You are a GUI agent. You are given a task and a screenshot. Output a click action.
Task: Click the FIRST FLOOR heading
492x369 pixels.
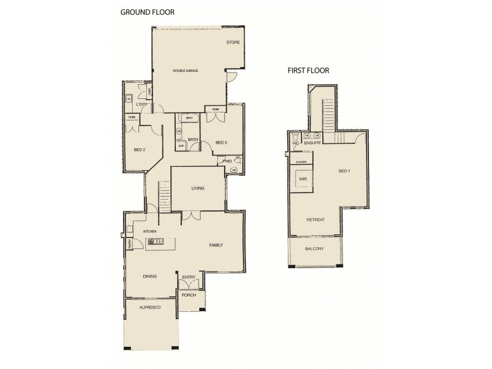[x=308, y=70]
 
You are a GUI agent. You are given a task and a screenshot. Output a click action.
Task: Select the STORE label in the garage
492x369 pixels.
[x=232, y=42]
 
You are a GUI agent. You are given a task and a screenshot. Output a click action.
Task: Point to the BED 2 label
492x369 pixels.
[x=139, y=149]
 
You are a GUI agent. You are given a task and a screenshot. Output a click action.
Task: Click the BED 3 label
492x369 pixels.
[x=221, y=143]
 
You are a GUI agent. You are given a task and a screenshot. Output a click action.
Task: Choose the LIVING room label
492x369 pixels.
[x=197, y=188]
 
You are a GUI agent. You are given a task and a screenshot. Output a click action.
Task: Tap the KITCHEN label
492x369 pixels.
[x=151, y=231]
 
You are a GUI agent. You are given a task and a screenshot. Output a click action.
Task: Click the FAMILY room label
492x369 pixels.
[x=215, y=245]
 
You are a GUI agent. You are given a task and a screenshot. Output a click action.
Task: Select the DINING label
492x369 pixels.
[x=149, y=276]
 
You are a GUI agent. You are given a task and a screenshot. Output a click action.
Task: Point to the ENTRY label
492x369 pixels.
[x=188, y=277]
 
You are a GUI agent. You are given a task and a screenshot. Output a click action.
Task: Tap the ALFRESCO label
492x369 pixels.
[x=149, y=306]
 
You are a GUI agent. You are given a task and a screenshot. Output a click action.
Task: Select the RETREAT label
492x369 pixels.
[x=315, y=220]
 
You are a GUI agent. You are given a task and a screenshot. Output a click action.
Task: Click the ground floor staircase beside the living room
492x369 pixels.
[x=164, y=196]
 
